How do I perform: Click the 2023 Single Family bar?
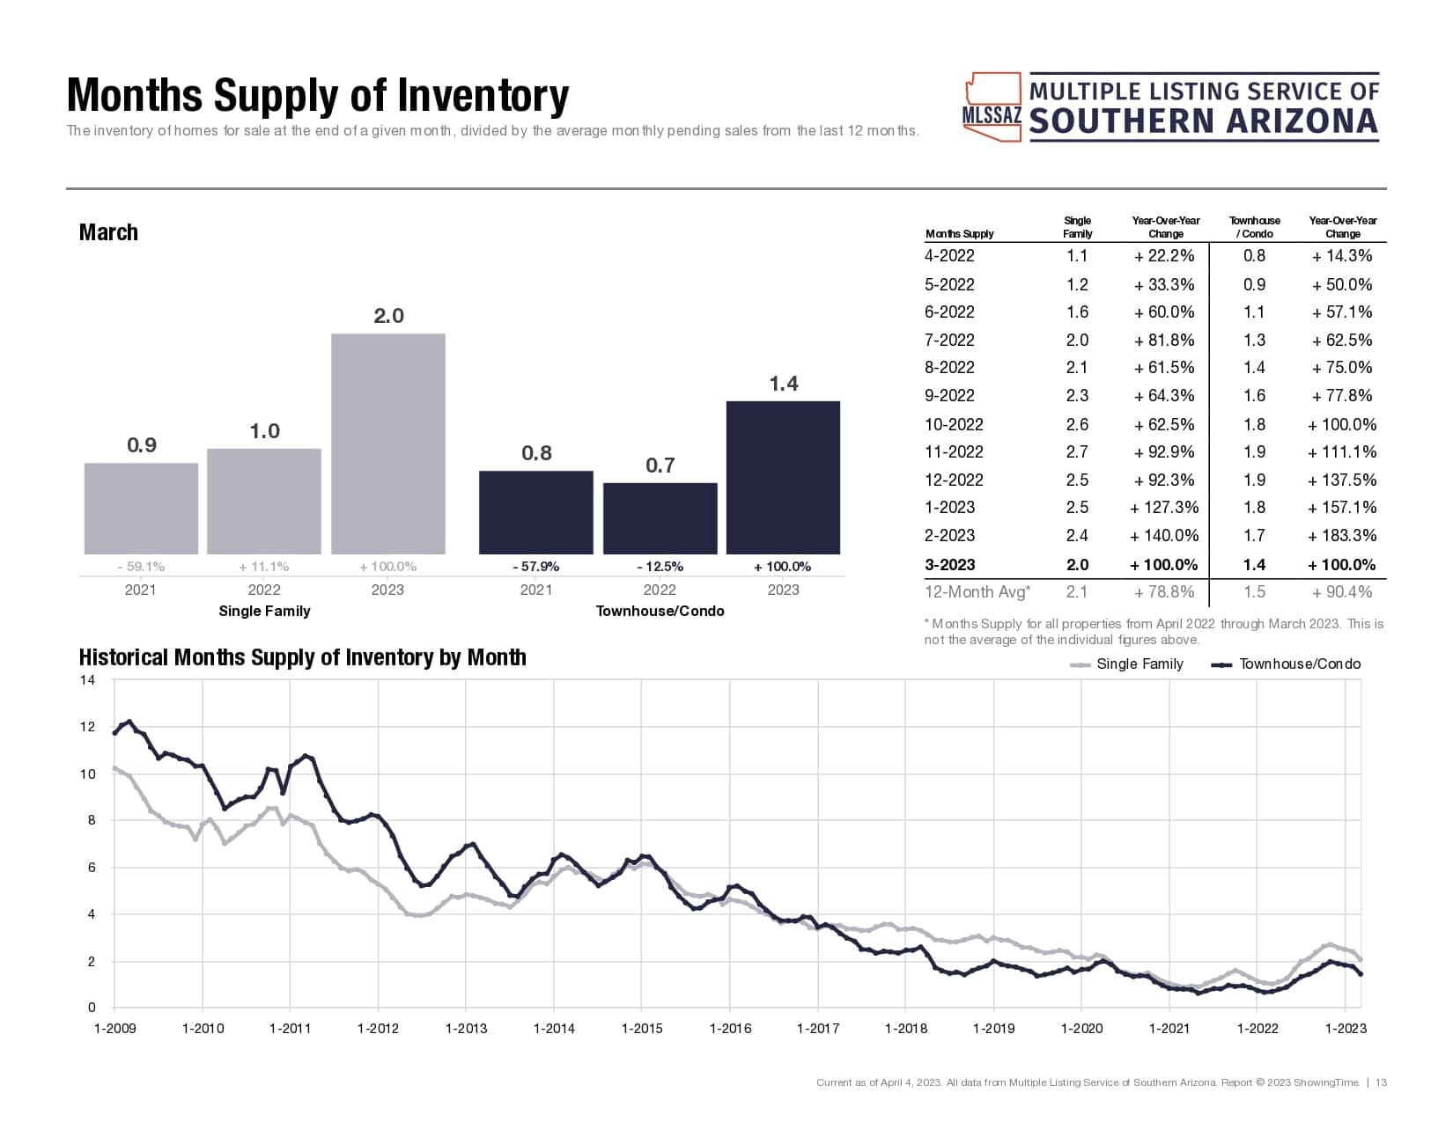click(387, 444)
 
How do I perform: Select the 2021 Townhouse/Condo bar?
click(535, 512)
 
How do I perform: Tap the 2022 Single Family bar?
click(263, 501)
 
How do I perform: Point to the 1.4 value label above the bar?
click(783, 384)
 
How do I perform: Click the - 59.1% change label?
click(141, 567)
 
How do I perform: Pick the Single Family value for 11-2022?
click(1077, 452)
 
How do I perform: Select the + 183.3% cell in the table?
click(1342, 535)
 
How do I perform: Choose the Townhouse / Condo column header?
click(1254, 227)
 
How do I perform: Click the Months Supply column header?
click(959, 234)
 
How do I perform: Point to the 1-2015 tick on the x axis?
click(642, 1028)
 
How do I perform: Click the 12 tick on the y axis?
click(87, 727)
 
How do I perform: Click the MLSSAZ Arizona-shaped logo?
click(992, 107)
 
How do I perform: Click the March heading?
click(108, 232)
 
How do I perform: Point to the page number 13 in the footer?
click(1381, 1082)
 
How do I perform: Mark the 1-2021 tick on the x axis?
click(1169, 1028)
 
